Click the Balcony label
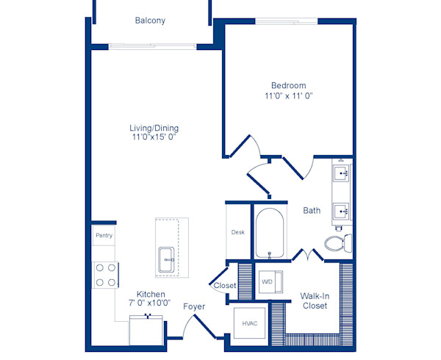(150, 21)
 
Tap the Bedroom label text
(288, 85)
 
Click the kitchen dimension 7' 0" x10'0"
(150, 303)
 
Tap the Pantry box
(103, 236)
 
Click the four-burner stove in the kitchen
(105, 275)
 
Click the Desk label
(237, 232)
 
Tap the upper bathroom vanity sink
(342, 175)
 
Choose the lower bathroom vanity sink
(342, 212)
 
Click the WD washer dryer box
(267, 281)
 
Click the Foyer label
(194, 306)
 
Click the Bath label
(312, 210)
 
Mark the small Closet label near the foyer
(225, 285)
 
